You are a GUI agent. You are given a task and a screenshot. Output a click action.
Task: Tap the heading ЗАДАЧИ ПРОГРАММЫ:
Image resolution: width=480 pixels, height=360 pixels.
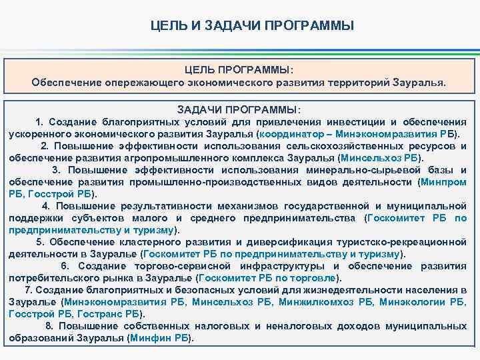click(239, 109)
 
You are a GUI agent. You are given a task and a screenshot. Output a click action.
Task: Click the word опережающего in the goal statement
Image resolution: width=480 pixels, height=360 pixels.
click(142, 83)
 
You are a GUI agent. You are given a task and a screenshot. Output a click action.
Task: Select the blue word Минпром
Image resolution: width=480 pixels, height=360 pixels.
click(444, 181)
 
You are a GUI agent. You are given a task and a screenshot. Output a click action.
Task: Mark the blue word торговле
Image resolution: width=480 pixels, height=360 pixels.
click(315, 278)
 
